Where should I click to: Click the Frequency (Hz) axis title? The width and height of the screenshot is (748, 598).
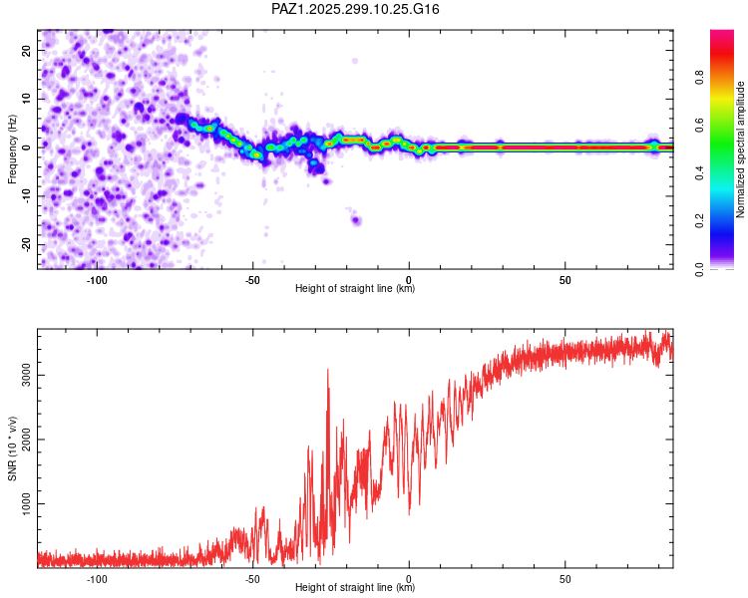coord(12,149)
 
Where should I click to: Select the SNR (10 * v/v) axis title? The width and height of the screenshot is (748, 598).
coord(12,448)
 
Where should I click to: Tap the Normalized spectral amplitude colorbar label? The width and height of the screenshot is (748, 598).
coord(741,149)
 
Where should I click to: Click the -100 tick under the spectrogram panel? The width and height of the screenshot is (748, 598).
coord(97,279)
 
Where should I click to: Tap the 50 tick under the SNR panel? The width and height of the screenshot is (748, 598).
coord(564,578)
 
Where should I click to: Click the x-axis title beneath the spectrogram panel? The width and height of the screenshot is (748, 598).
coord(355,289)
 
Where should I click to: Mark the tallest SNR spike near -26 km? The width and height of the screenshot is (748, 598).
coord(328,370)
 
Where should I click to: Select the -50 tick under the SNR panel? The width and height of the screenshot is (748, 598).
coord(252,578)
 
